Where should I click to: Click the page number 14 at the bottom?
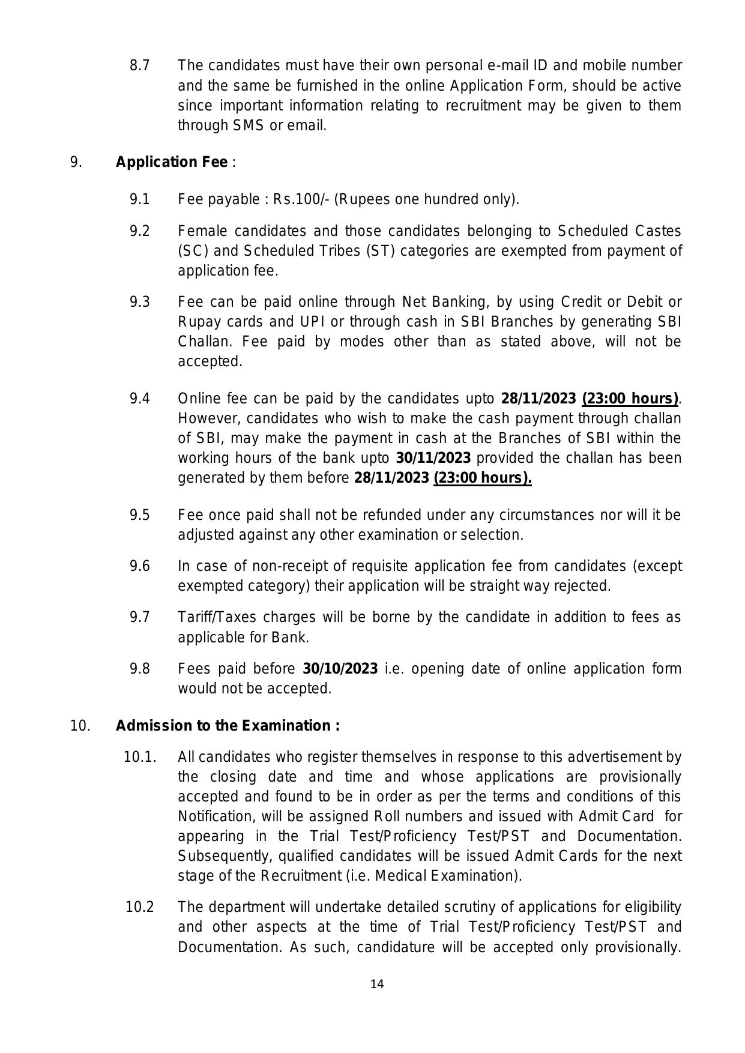pyautogui.click(x=377, y=984)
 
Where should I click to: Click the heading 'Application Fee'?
pyautogui.click(x=172, y=163)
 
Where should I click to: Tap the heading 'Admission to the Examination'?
pyautogui.click(x=228, y=726)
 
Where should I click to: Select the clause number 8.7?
pyautogui.click(x=139, y=65)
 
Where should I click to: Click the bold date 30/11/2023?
pyautogui.click(x=433, y=458)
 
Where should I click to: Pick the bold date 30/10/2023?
pyautogui.click(x=340, y=669)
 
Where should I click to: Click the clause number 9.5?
pyautogui.click(x=139, y=515)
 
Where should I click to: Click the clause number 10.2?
pyautogui.click(x=139, y=907)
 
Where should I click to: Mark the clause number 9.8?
pyautogui.click(x=139, y=669)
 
